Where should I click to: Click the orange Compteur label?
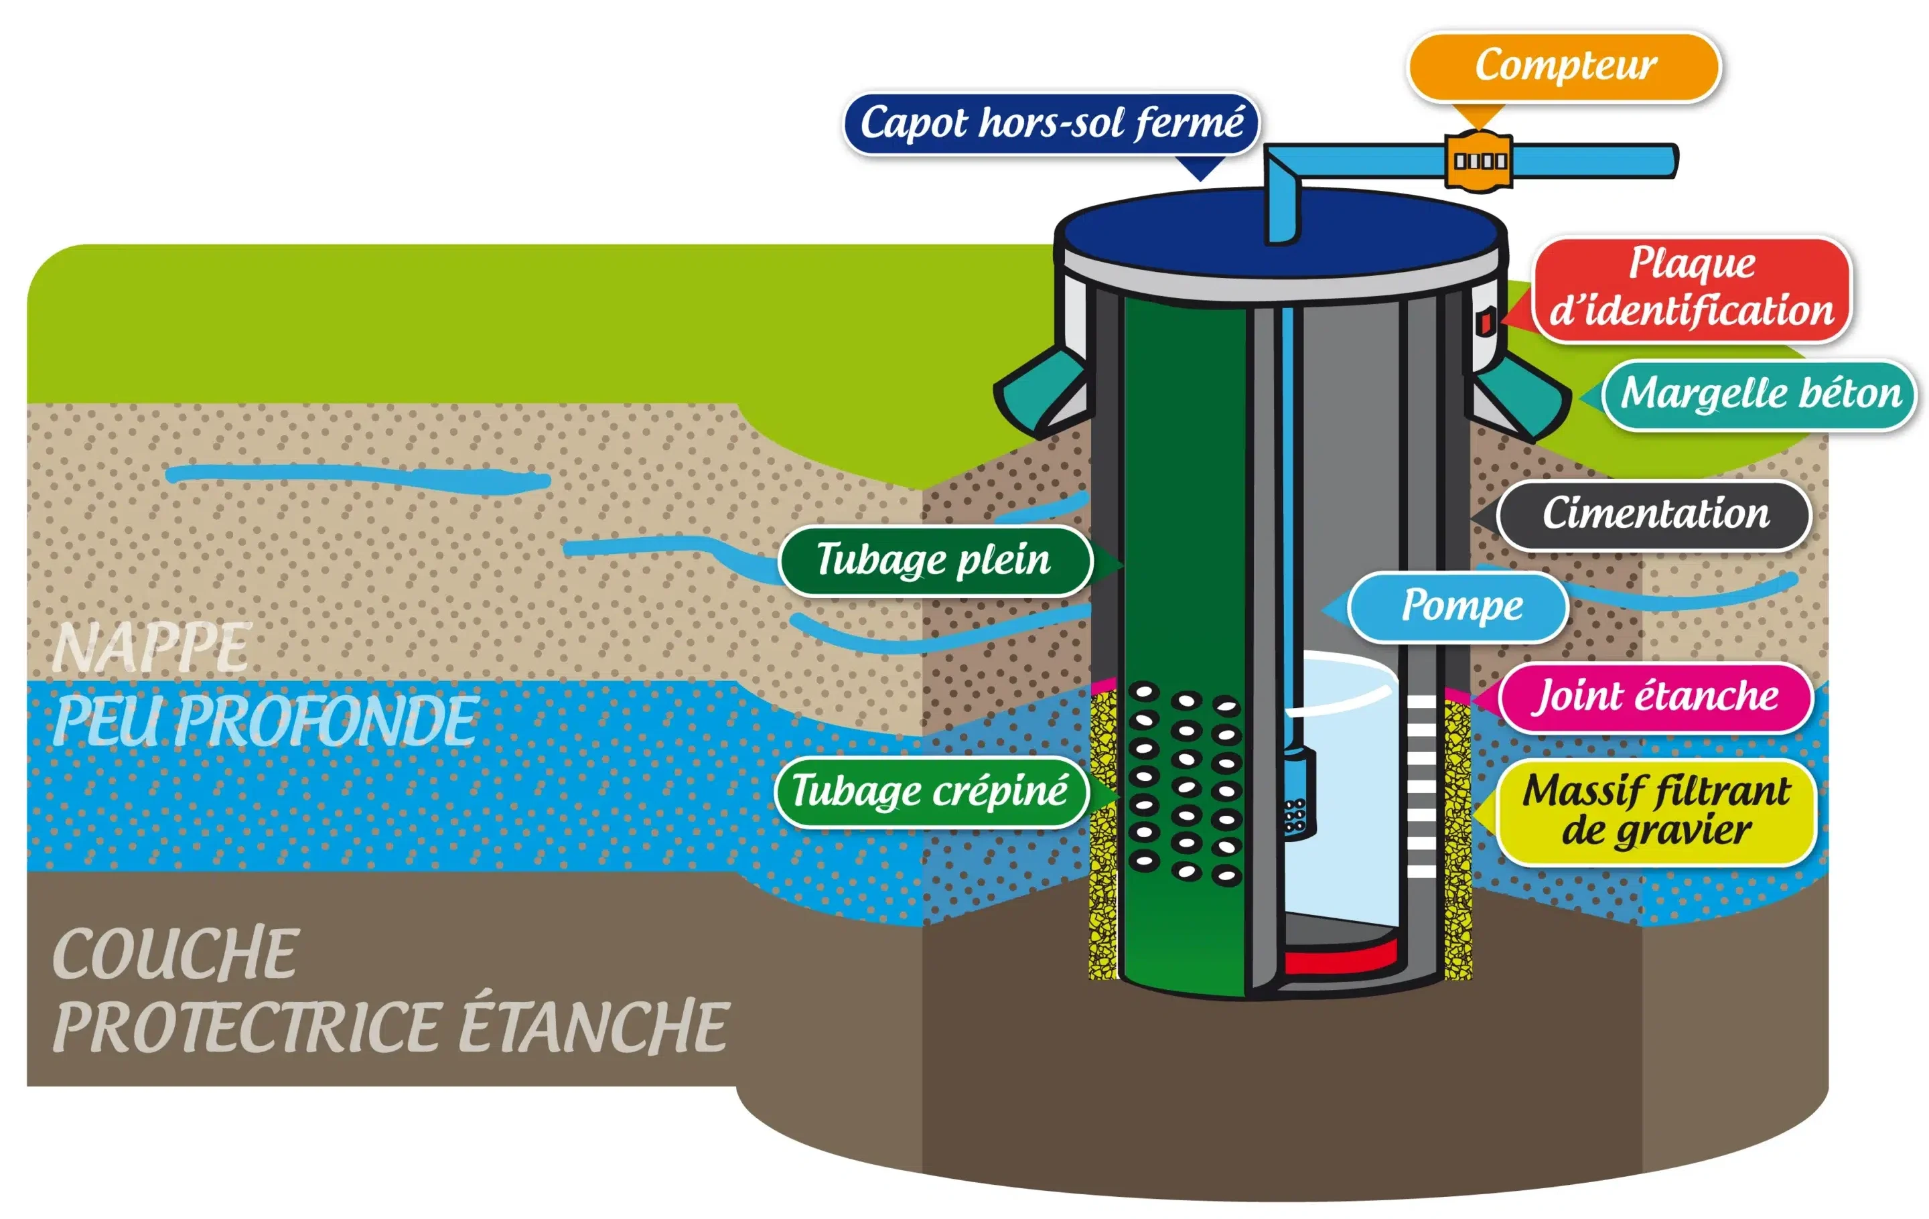coord(1564,66)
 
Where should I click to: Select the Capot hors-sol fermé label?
coord(1050,123)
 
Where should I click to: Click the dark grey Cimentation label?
coord(1654,514)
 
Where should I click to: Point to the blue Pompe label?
coord(1459,606)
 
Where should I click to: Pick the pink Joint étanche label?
coord(1655,697)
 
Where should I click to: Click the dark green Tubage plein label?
coord(934,560)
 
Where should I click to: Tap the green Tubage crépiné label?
coord(931,791)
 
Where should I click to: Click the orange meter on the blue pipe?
coord(1479,161)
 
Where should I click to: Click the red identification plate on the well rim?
coord(1484,323)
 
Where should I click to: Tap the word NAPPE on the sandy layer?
coord(152,647)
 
